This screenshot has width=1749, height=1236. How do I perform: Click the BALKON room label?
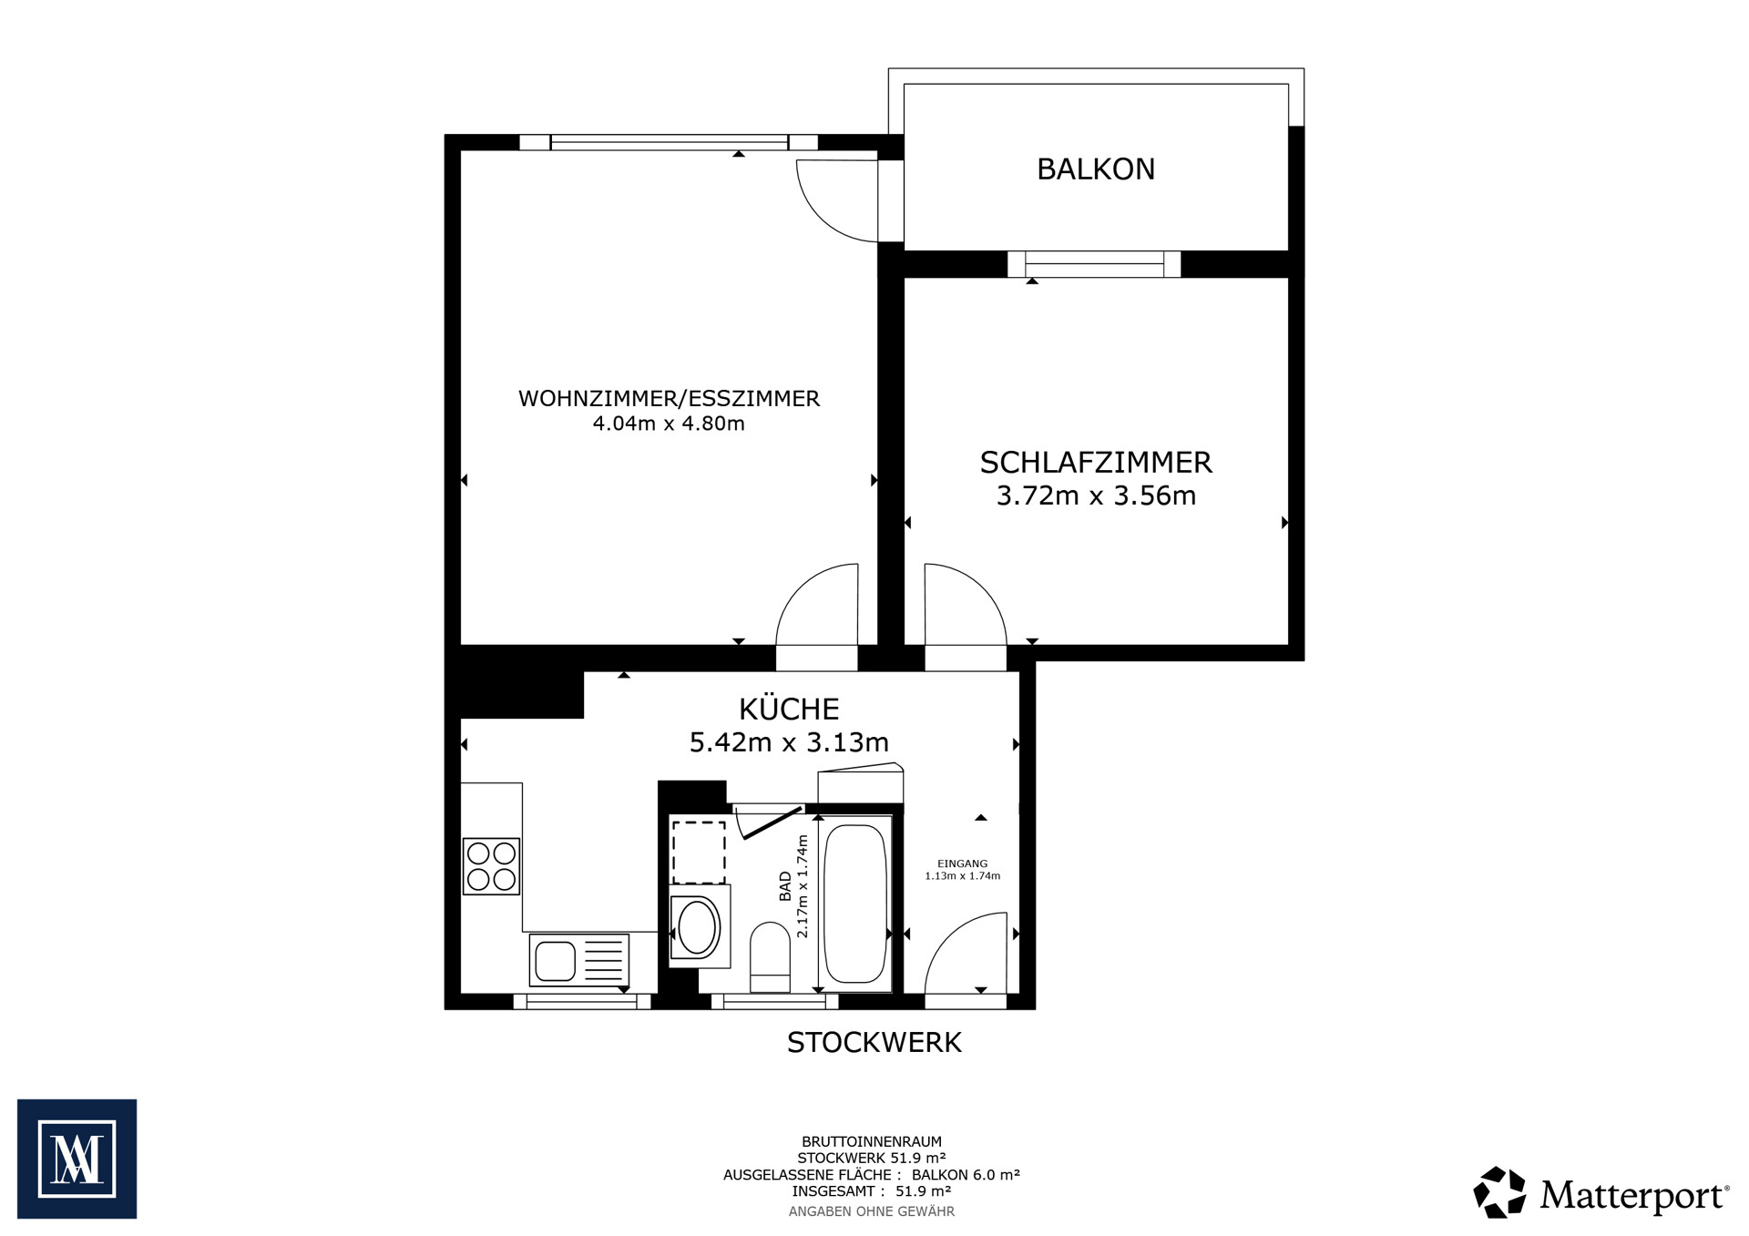1095,169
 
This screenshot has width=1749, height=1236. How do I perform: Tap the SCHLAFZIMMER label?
1096,463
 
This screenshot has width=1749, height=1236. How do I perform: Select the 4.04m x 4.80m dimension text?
669,424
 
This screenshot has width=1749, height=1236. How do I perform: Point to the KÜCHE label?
789,709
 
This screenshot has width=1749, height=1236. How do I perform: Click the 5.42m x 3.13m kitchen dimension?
789,742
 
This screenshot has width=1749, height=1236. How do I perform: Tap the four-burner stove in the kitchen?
491,866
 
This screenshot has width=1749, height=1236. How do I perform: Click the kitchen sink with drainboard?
579,960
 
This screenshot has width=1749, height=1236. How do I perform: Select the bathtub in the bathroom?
855,904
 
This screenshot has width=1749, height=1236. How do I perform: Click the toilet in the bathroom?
770,957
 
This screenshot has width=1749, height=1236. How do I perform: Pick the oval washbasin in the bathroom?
698,927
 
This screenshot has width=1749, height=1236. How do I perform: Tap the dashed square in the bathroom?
699,852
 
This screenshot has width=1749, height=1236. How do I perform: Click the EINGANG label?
962,863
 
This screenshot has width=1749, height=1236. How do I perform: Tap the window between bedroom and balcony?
1094,264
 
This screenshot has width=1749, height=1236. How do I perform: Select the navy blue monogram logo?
77,1159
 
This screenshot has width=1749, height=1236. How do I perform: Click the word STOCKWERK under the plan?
874,1043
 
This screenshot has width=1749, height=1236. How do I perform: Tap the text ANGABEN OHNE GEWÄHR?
872,1211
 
